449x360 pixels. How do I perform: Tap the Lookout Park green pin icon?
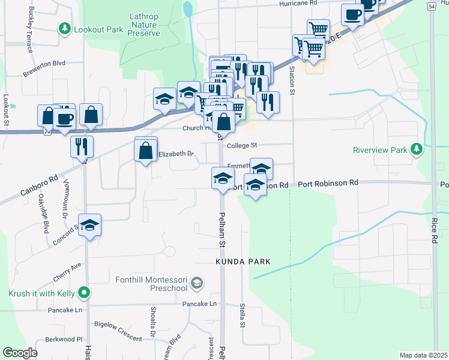pos(64,28)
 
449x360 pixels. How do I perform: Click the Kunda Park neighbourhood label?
pos(243,262)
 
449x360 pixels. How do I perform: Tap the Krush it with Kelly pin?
pos(85,293)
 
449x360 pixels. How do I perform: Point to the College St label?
pos(241,145)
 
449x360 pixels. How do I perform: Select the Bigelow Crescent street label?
pos(119,324)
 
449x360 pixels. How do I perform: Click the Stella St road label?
pos(243,316)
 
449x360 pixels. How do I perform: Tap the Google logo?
pos(20,353)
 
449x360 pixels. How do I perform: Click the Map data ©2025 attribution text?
pos(423,355)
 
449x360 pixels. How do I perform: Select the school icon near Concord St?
pos(90,226)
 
